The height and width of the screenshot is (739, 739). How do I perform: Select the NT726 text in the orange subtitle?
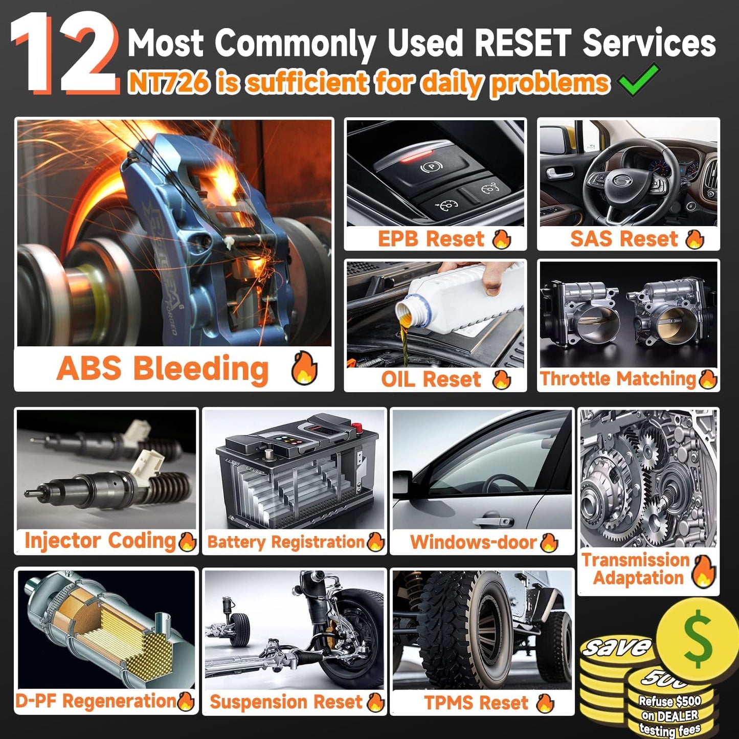169,82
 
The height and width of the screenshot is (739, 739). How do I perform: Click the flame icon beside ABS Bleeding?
304,368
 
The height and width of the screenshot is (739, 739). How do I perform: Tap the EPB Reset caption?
431,238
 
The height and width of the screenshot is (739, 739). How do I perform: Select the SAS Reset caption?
624,238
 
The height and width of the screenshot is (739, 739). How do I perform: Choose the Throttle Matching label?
618,378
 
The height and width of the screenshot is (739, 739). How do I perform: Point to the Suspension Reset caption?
286,702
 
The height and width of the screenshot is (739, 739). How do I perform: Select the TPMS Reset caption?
476,703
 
